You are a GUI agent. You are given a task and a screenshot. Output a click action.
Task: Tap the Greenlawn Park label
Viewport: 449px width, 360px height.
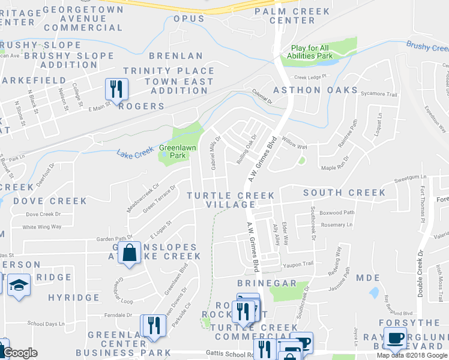point(178,151)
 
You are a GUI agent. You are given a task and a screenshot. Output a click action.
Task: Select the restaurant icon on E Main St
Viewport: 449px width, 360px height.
point(115,89)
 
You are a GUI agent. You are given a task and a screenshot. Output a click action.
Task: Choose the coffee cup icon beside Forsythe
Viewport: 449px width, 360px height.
point(396,338)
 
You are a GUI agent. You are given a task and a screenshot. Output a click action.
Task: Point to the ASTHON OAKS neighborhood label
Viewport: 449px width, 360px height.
point(310,90)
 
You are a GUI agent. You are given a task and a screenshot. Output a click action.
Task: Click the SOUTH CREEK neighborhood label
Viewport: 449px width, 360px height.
point(345,193)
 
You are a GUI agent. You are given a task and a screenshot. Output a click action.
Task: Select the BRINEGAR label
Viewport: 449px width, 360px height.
point(267,283)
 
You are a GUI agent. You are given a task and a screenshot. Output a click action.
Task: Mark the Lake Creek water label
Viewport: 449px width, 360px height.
point(136,154)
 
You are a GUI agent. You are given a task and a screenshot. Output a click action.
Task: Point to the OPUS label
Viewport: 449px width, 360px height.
point(189,19)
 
